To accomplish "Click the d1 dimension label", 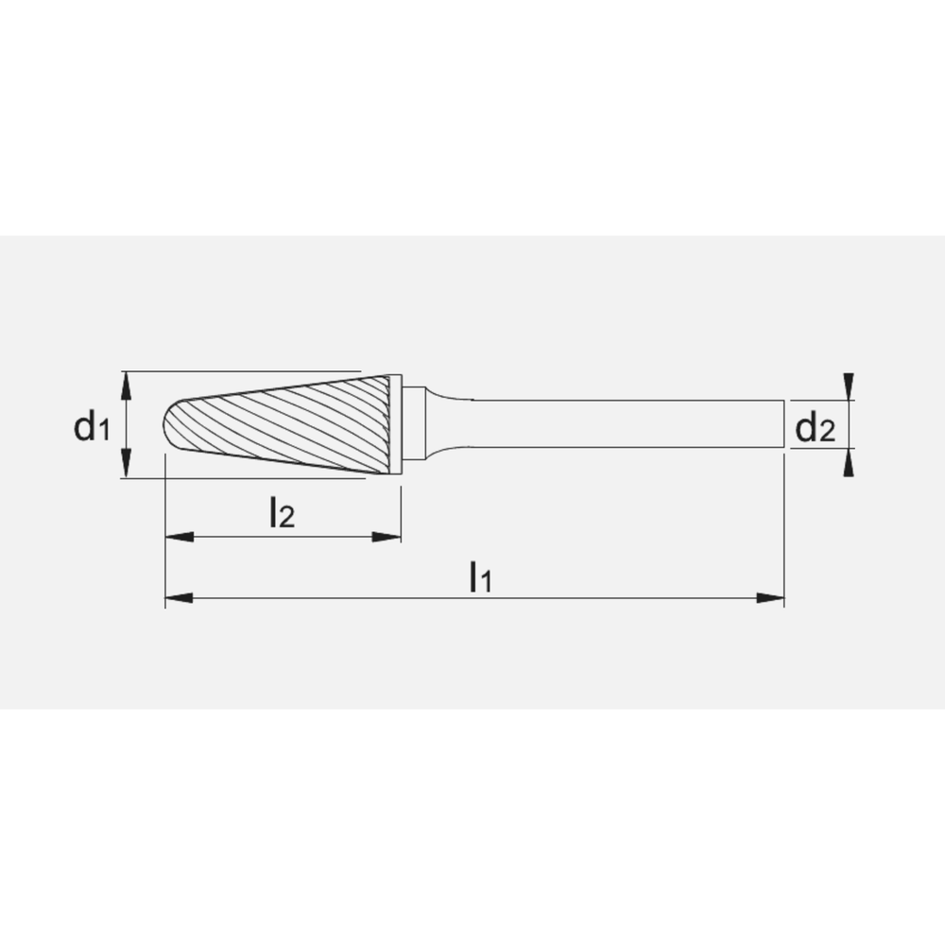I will point(93,428).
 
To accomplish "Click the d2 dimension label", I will point(815,429).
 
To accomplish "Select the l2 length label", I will point(281,513).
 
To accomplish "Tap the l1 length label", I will point(481,576).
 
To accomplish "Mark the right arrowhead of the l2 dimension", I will point(387,537).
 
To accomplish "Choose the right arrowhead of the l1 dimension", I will point(771,597).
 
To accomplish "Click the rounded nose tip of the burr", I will point(171,424).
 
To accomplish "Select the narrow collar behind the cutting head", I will point(395,424).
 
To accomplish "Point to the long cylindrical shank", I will point(624,424).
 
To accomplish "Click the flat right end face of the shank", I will point(783,424).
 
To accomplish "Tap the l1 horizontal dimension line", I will point(567,597).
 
